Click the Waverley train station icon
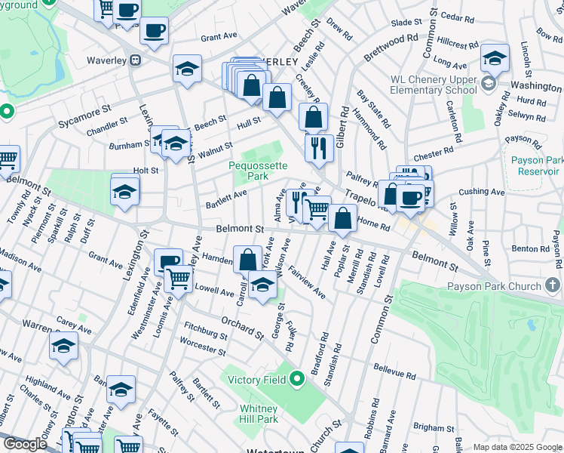(x=136, y=60)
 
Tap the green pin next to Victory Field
(x=298, y=377)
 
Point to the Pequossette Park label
(x=250, y=171)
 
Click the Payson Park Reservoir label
(x=532, y=165)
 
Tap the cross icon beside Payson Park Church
(x=553, y=286)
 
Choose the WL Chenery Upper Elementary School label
(x=434, y=85)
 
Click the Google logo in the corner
(x=25, y=444)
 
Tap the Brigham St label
(x=434, y=427)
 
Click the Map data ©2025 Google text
(x=516, y=446)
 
